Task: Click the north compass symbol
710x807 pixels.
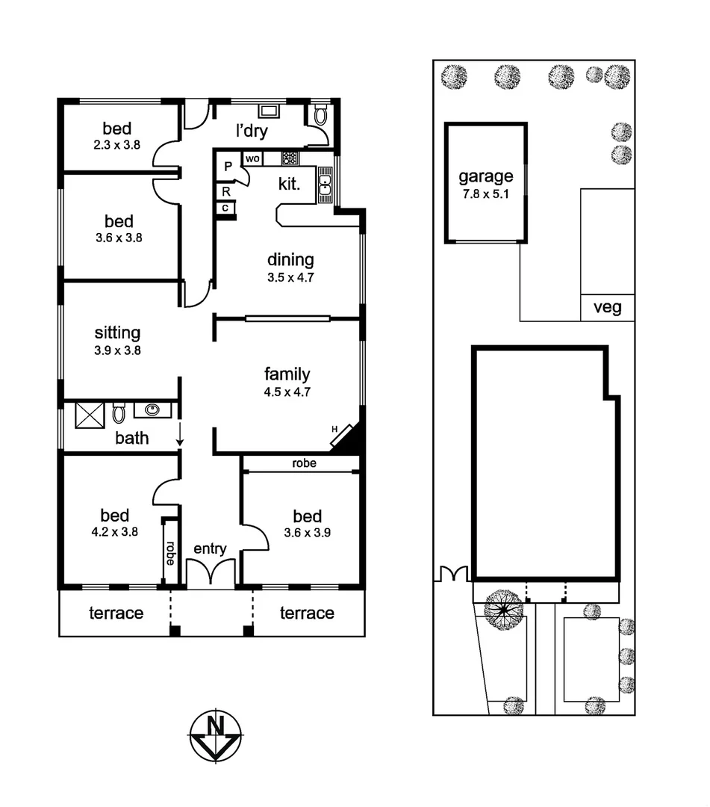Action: click(216, 735)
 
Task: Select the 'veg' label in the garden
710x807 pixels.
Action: click(607, 307)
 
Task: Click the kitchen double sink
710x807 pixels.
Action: click(326, 185)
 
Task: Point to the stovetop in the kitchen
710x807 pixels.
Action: click(290, 158)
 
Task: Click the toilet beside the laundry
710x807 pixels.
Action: click(320, 115)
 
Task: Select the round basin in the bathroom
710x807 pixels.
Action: click(152, 409)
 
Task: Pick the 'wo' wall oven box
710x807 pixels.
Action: click(252, 158)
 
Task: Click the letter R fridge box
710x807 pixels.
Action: click(225, 191)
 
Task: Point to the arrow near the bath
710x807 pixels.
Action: click(180, 435)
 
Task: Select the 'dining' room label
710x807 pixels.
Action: click(290, 260)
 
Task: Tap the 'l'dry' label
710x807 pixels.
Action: click(252, 132)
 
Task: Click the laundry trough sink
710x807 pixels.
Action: click(269, 111)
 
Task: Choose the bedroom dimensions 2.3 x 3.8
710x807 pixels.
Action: click(117, 146)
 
